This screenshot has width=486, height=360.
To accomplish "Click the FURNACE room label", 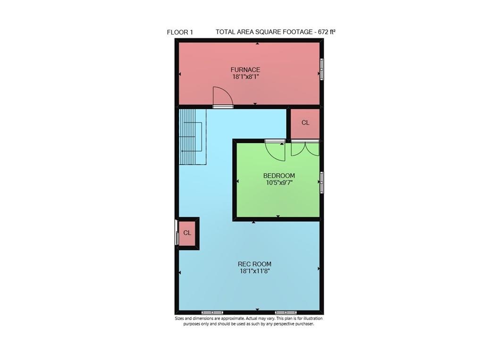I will click(245, 70).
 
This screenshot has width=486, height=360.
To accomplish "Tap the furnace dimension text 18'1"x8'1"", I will click(246, 77).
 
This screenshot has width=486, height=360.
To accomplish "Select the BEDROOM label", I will click(279, 176).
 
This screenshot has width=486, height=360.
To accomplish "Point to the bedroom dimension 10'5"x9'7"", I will click(279, 183).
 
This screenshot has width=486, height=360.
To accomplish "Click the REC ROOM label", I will click(254, 264).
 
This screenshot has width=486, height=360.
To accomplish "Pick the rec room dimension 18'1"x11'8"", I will click(254, 271).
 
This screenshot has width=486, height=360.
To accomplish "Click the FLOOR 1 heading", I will click(180, 32).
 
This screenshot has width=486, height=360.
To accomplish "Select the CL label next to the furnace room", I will click(305, 123).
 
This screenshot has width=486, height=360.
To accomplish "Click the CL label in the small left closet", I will click(187, 233).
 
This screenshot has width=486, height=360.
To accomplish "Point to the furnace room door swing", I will click(222, 97).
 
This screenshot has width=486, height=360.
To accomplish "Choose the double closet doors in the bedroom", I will click(305, 148).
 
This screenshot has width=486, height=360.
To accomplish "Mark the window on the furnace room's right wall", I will click(322, 69).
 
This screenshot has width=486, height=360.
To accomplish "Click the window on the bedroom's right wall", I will click(322, 182).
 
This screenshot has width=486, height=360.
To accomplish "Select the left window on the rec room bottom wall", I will click(212, 312).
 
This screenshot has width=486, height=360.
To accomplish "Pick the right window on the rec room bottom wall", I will click(286, 312).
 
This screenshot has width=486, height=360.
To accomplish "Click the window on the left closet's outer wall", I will click(177, 233).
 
